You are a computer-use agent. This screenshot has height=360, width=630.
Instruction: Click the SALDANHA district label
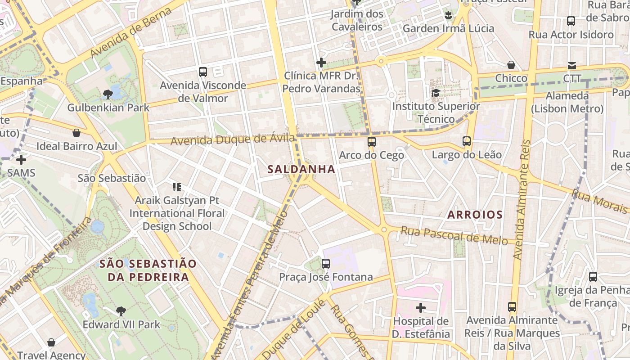tap(301, 169)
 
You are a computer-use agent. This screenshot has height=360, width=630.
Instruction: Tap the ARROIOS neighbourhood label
tap(475, 215)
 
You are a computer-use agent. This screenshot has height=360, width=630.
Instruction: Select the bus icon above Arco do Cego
tap(371, 142)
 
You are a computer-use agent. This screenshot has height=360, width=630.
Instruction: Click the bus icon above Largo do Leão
tap(467, 141)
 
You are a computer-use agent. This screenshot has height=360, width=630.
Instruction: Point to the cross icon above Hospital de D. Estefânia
tap(421, 308)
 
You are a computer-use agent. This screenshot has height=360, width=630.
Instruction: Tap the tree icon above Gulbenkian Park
tap(108, 94)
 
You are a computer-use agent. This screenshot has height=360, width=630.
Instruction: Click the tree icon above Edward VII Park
tap(121, 310)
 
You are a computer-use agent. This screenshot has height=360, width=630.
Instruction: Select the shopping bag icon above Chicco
tap(511, 65)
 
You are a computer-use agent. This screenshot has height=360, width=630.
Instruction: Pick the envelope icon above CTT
tap(572, 66)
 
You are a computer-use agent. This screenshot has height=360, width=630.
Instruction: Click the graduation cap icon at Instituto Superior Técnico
tap(436, 93)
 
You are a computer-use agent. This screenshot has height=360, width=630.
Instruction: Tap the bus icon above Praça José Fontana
tap(326, 264)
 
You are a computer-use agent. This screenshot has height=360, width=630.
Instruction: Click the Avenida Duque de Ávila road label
tap(233, 140)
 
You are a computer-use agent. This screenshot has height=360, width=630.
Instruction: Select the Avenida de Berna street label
tap(131, 32)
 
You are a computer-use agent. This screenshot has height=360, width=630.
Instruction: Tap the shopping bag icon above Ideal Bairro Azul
tap(76, 133)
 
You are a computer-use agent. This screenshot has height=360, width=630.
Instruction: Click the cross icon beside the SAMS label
tap(21, 159)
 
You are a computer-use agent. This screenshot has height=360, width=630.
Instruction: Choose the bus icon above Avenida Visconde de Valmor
tap(203, 72)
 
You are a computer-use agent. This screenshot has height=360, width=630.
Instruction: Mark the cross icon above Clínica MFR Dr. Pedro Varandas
tap(321, 63)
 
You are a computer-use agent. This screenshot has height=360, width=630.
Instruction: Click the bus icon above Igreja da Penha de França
tap(593, 277)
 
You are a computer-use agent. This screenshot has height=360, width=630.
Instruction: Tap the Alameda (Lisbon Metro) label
tap(567, 102)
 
